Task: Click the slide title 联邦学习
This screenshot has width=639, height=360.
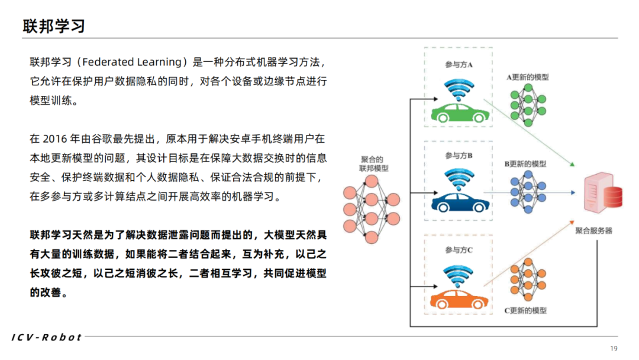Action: point(54,26)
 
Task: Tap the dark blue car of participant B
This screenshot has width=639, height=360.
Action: point(459,201)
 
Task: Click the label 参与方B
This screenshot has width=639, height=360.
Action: point(459,156)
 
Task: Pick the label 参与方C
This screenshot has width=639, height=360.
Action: point(459,250)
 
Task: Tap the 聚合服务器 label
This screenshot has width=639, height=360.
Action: point(593,230)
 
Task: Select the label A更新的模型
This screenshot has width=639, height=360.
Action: point(527,78)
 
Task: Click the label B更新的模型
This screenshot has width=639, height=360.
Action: point(526,164)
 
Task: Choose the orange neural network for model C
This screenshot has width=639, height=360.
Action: point(527,281)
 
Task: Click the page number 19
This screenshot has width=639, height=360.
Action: point(613,348)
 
